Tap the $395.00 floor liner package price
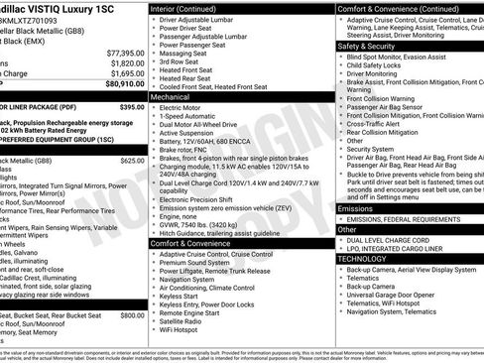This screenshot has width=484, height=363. pyautogui.click(x=132, y=105)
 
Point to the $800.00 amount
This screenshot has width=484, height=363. pyautogui.click(x=132, y=314)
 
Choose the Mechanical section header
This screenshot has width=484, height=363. pyautogui.click(x=171, y=98)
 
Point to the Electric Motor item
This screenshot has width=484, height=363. pyautogui.click(x=185, y=107)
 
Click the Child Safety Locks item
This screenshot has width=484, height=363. pyautogui.click(x=382, y=64)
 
